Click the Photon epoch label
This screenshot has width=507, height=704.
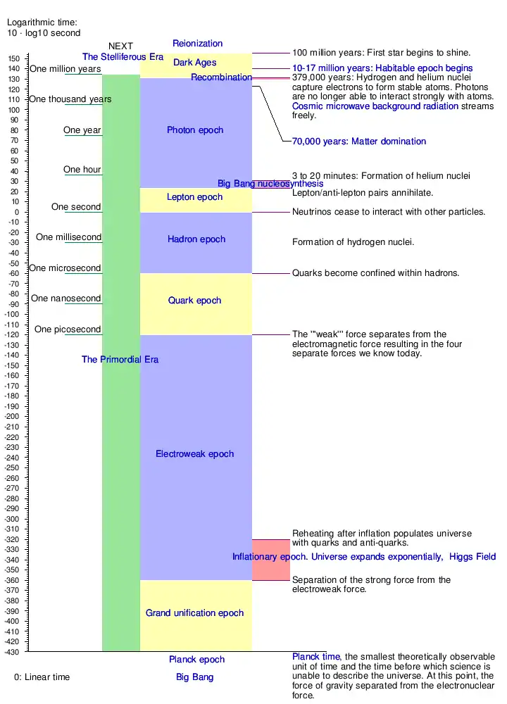point(195,130)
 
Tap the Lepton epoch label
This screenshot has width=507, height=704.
point(194,197)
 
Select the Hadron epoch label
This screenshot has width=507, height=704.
point(196,239)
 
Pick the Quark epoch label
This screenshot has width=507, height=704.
point(195,301)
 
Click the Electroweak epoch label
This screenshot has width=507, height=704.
point(194,454)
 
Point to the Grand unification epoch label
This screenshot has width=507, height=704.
point(194,613)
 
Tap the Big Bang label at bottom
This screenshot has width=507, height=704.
point(194,677)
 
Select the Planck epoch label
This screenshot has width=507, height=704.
point(196,660)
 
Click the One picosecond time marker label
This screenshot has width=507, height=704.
point(68,329)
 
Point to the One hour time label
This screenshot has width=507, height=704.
point(82,170)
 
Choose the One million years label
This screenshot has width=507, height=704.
point(65,69)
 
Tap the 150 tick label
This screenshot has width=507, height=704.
point(14,58)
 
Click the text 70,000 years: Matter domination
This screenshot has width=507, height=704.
point(359,142)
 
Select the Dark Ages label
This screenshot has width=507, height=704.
point(195,63)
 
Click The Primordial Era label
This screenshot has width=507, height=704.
point(120,360)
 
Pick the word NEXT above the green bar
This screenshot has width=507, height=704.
point(120,46)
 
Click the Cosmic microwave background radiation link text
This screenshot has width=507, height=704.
point(375,106)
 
